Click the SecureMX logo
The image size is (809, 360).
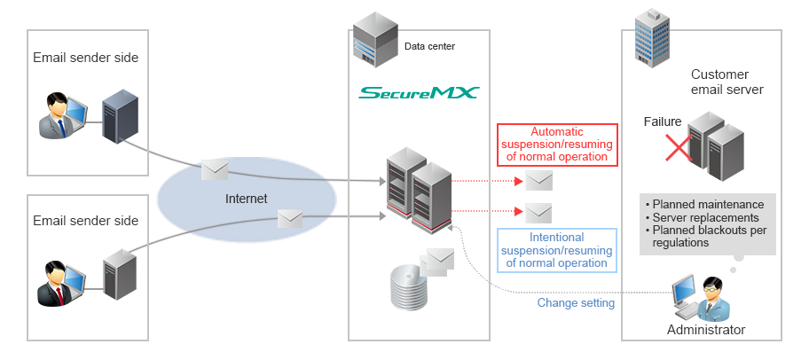tap(419, 91)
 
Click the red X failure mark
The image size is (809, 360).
tap(679, 147)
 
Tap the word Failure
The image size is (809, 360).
tap(664, 121)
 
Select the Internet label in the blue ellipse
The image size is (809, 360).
tap(246, 199)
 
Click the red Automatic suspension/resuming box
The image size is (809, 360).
tap(556, 144)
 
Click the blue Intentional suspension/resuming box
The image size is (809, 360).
tap(556, 250)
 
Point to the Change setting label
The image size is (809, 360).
tap(576, 302)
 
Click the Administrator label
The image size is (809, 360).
tap(706, 330)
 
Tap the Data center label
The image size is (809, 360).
tap(430, 46)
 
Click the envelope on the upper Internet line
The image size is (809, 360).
tap(215, 169)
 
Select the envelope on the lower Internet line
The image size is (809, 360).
tap(292, 218)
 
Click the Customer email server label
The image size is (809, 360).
tap(727, 82)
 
